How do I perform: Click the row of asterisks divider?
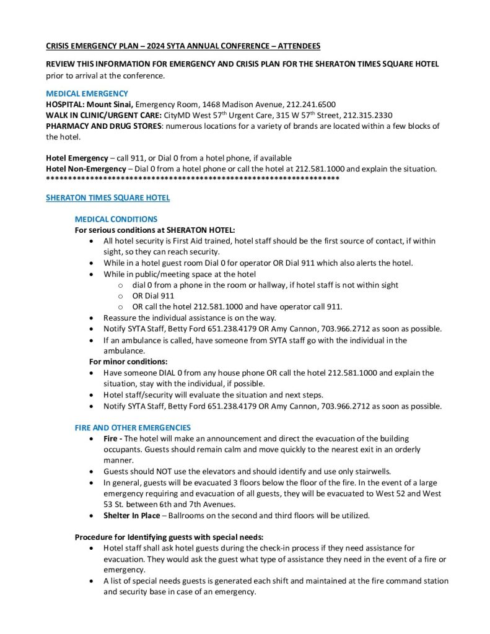tap(192, 178)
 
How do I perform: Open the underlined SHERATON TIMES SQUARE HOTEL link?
tap(108, 198)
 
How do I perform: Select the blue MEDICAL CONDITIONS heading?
tap(116, 219)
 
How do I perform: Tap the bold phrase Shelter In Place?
tap(131, 515)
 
